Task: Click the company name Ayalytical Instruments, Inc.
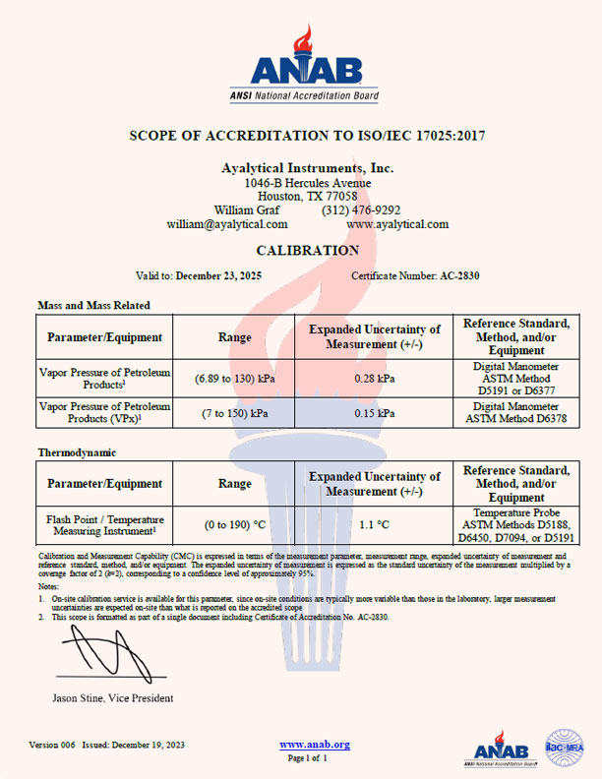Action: point(307,168)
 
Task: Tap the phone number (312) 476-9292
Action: point(360,210)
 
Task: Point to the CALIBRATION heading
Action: point(307,251)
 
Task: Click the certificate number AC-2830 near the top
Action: point(458,276)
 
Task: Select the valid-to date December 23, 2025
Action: point(222,276)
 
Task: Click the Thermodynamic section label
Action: point(77,452)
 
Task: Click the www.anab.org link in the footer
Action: point(315,745)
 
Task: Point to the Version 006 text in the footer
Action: point(52,745)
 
